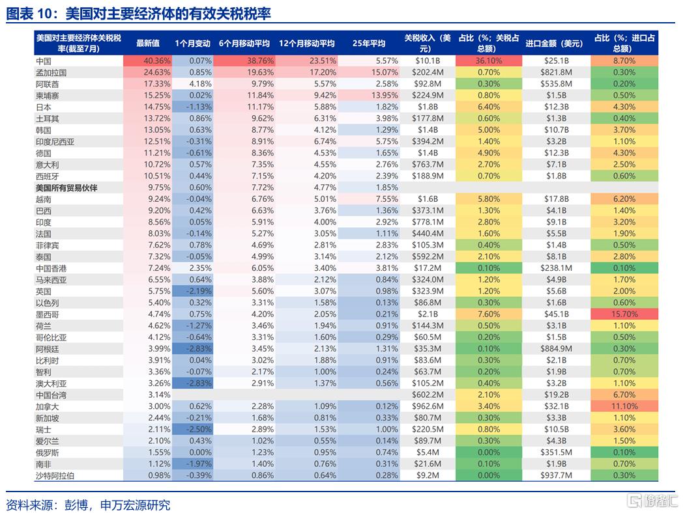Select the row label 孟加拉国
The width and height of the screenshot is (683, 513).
(x=51, y=72)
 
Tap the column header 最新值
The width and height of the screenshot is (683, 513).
(x=148, y=44)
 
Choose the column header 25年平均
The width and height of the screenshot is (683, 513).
(x=369, y=44)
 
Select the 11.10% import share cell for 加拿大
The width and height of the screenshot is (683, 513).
(x=624, y=406)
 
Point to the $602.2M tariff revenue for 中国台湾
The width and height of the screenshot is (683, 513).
(x=428, y=395)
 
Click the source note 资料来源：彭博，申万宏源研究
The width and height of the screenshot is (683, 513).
(x=88, y=505)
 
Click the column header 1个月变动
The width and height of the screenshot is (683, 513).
(x=193, y=44)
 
